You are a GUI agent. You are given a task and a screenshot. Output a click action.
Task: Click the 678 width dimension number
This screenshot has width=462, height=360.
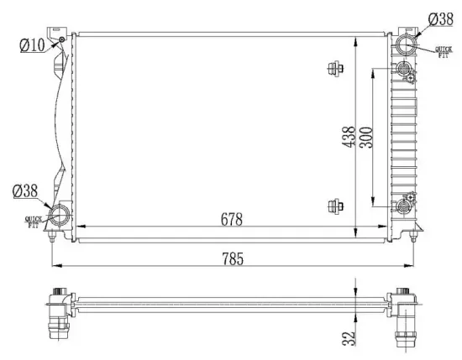click(231, 220)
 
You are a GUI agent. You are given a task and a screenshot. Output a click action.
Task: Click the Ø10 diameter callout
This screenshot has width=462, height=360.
click(32, 45)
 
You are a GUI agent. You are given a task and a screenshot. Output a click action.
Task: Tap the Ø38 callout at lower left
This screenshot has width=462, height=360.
click(24, 191)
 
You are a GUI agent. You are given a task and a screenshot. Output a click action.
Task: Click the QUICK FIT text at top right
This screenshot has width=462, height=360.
click(444, 53)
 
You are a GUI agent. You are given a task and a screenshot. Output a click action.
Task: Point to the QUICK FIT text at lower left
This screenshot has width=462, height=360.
click(34, 222)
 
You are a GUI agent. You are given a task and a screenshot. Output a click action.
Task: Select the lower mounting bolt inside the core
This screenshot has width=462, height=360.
click(336, 206)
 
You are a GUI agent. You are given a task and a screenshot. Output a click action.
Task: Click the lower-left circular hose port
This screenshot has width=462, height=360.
click(61, 216)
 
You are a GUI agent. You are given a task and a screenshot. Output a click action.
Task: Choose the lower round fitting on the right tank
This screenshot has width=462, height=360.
click(403, 206)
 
